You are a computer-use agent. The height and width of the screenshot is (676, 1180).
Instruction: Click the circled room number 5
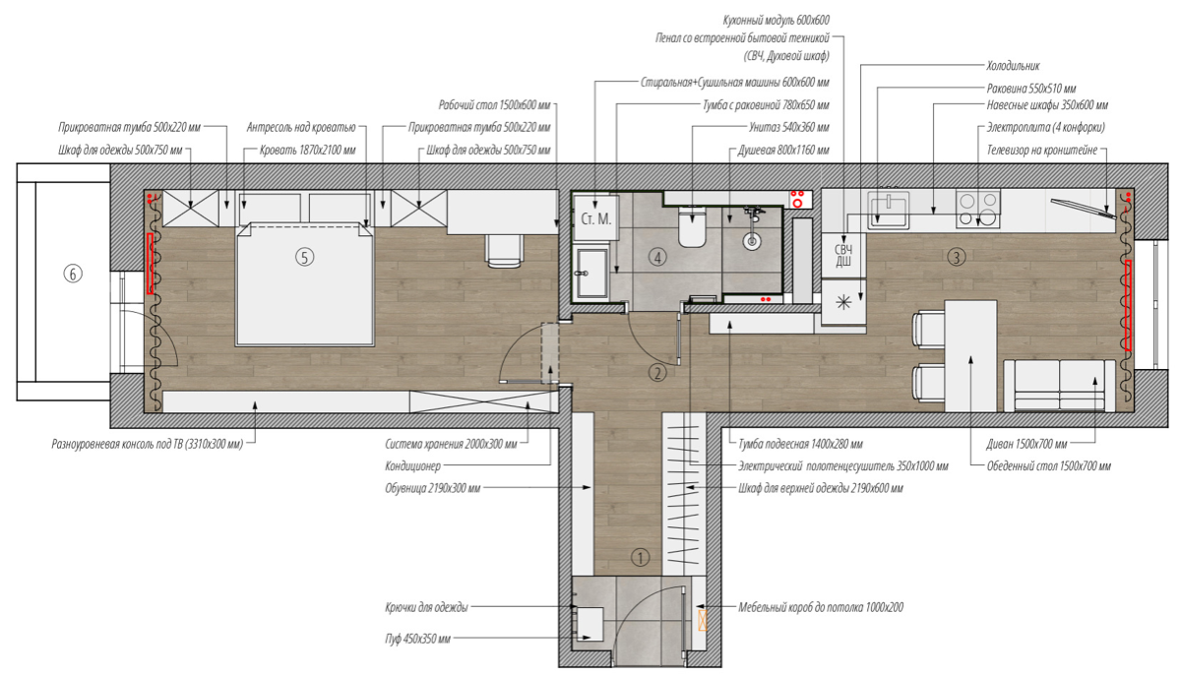click(304, 258)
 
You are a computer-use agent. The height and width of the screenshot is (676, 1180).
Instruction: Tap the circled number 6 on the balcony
click(72, 274)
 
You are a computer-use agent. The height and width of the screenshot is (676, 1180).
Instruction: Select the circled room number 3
click(956, 258)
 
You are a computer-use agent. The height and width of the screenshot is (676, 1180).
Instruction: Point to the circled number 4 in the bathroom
click(657, 258)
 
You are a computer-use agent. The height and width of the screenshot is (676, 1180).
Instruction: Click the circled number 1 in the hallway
click(640, 558)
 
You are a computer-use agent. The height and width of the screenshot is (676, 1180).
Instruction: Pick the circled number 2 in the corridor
click(657, 373)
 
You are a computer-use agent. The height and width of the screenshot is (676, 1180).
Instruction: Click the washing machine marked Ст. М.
click(596, 218)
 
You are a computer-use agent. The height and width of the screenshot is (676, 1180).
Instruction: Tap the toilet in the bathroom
click(692, 226)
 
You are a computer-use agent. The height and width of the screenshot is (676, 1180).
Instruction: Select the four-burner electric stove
click(977, 209)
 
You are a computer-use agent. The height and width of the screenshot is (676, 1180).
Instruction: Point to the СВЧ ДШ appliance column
click(843, 256)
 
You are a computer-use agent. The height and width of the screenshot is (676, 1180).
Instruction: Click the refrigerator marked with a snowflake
click(843, 303)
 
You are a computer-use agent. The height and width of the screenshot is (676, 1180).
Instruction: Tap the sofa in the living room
click(1060, 385)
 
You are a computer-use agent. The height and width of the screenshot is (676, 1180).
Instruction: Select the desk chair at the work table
click(504, 251)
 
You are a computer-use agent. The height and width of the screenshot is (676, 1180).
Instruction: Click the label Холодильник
click(1013, 66)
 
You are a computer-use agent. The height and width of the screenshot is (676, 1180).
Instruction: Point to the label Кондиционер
click(412, 466)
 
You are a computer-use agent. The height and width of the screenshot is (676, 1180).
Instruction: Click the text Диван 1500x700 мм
click(1026, 444)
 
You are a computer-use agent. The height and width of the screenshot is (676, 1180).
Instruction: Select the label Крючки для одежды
click(426, 607)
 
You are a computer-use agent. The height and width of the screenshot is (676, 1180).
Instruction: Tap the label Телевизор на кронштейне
click(1041, 151)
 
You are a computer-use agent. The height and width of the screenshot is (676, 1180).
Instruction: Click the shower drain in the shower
click(751, 242)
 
